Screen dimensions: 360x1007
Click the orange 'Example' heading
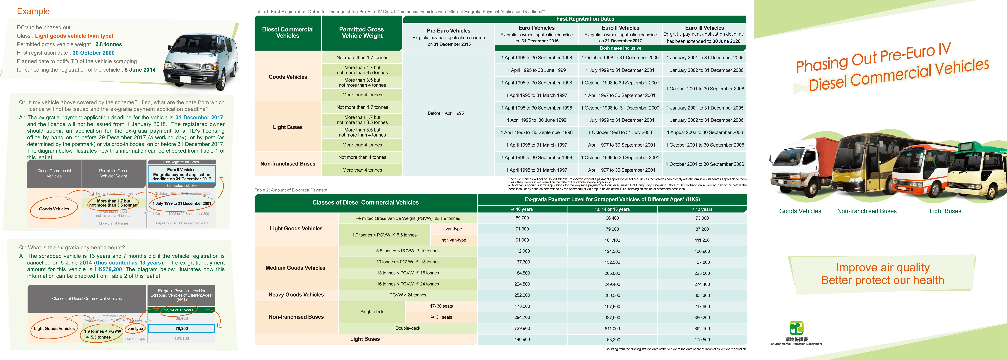tap(33, 11)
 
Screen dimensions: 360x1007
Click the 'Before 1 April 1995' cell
tap(446, 113)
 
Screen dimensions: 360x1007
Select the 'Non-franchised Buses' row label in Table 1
tap(288, 164)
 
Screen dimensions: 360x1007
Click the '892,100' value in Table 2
tap(702, 329)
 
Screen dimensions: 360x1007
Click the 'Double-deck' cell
tap(408, 328)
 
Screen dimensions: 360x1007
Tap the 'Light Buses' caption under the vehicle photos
tap(945, 211)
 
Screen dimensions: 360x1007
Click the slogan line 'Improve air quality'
tap(883, 267)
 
